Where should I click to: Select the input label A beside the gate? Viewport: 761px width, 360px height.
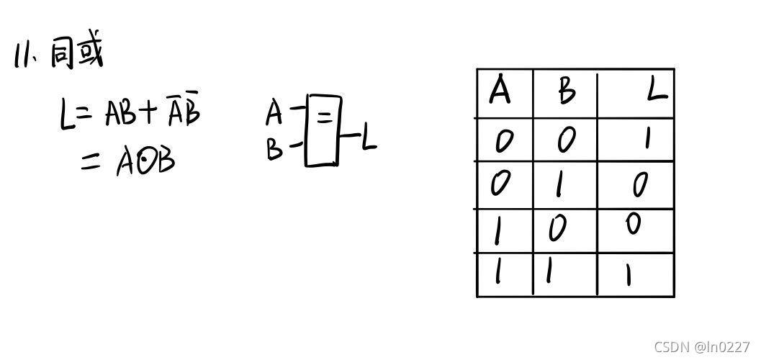(274, 113)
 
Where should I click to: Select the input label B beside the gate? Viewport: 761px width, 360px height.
(274, 149)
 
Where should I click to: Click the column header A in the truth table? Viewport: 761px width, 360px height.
(500, 92)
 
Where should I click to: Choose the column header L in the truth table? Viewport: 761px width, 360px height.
(656, 92)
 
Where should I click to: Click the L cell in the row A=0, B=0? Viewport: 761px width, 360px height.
(647, 138)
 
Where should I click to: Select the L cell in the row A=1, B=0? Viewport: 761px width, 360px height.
(633, 225)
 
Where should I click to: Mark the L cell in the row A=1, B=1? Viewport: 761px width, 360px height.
(629, 274)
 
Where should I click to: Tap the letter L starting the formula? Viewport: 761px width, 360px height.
(68, 115)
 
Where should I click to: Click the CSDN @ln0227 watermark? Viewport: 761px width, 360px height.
(702, 346)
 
